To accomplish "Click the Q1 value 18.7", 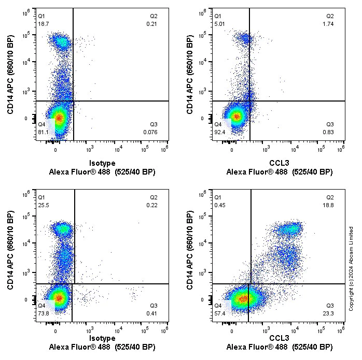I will point(43,24).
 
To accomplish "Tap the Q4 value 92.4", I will point(220,132).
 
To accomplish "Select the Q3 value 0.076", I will point(151,132).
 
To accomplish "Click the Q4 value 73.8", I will point(44,313).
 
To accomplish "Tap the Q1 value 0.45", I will point(220,205).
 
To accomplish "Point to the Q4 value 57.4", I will point(220,313).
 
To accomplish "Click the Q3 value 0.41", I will point(152,313).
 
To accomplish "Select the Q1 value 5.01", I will point(220,24).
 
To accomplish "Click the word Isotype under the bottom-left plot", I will point(102,338).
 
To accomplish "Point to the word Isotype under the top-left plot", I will point(102,163).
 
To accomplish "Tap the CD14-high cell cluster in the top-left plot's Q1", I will point(61,41).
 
